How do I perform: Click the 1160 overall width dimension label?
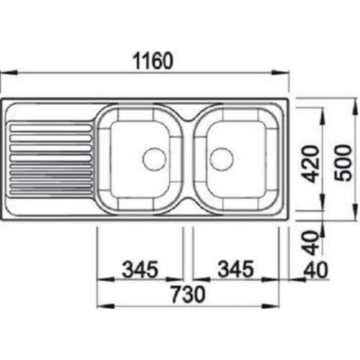(153, 61)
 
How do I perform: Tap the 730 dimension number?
(188, 294)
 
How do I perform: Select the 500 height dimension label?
(343, 163)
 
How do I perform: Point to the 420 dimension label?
(311, 164)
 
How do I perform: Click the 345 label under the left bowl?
(140, 269)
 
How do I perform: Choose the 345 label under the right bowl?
(235, 269)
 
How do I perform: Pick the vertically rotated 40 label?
(310, 243)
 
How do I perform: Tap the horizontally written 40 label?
(315, 270)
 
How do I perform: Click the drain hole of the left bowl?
(154, 159)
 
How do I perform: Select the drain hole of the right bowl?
(222, 159)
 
